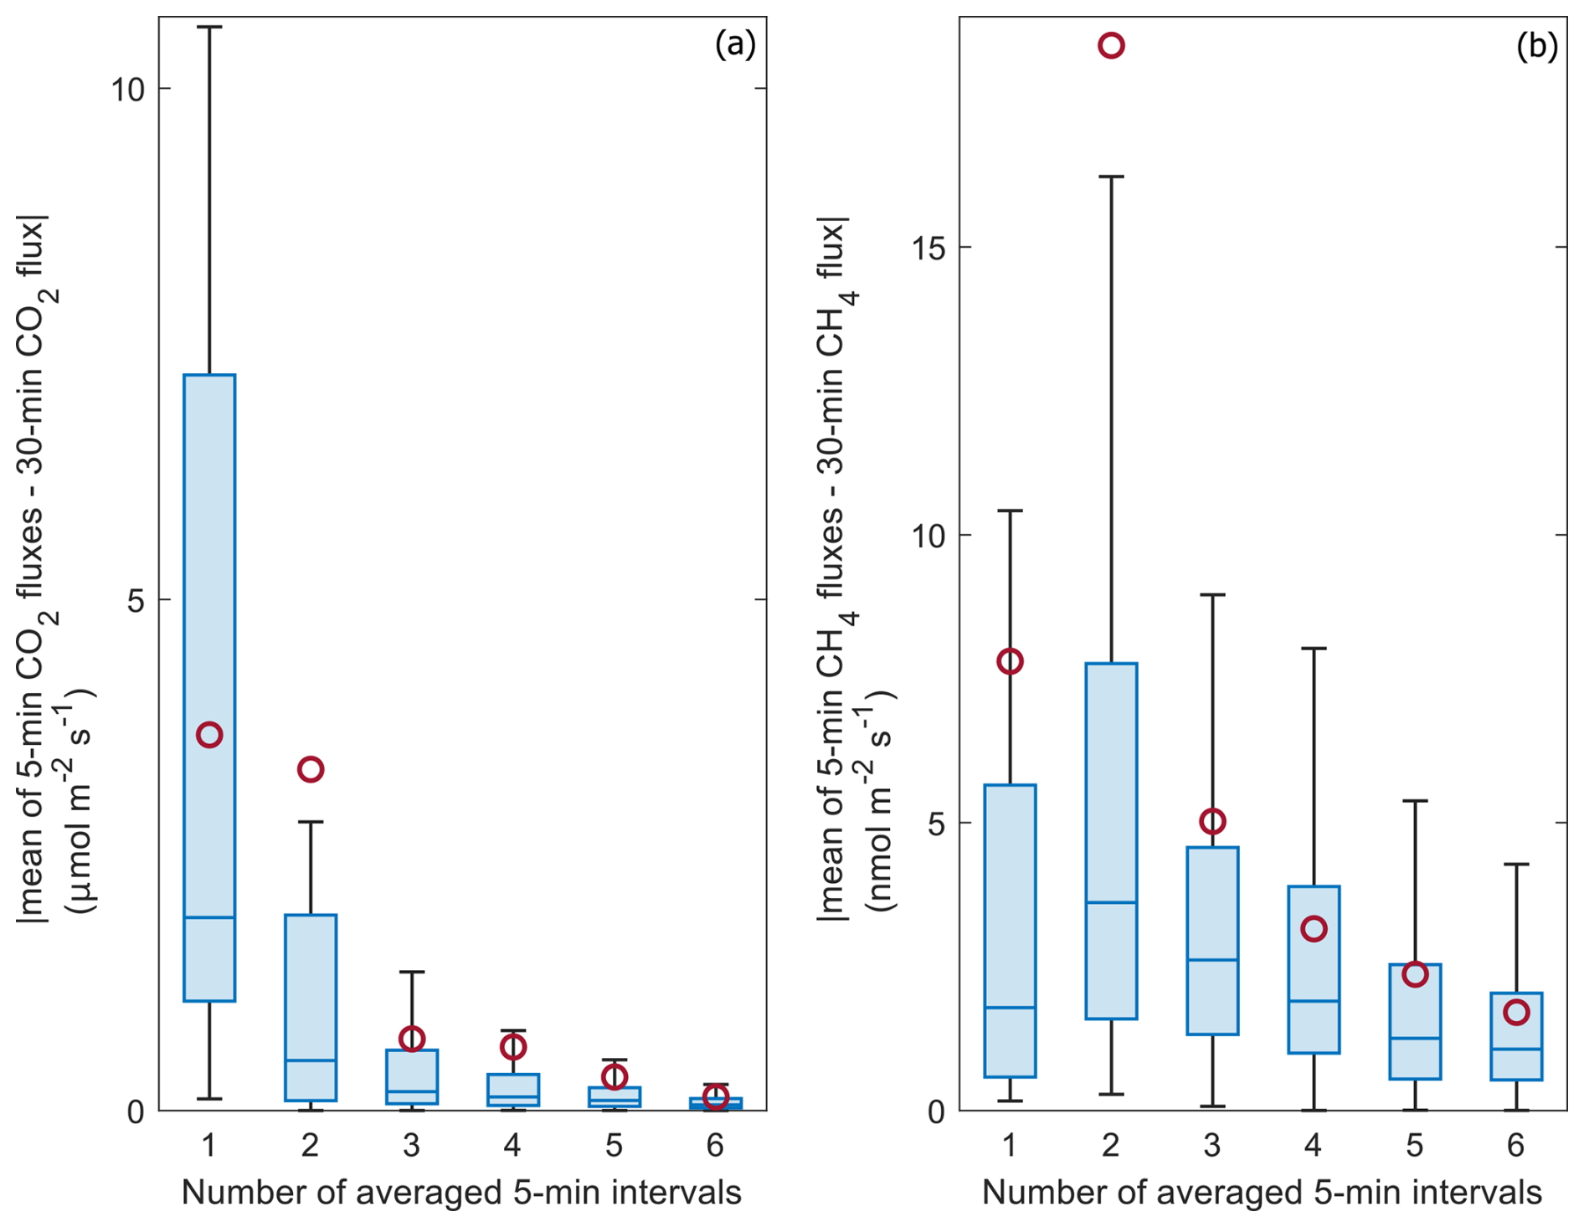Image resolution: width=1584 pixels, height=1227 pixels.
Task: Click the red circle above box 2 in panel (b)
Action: (1110, 45)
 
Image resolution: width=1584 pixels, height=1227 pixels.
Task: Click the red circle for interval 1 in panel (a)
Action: (209, 735)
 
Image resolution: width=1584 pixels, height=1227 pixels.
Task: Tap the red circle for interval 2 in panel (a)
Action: (311, 769)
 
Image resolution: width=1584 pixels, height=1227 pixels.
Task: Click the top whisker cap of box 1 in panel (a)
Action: (209, 27)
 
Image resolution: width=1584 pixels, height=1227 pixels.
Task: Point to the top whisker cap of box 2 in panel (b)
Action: (1111, 177)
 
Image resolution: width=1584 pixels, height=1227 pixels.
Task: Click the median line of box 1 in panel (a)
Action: (209, 917)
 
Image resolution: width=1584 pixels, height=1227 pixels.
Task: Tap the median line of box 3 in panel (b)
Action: (1212, 959)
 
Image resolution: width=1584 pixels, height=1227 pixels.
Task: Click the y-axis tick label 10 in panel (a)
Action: (128, 89)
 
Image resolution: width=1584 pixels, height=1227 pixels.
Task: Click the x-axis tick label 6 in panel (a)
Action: (715, 1145)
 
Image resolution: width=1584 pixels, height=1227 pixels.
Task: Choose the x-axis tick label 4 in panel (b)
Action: (1314, 1145)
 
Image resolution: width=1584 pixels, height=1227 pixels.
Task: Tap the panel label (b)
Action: (1536, 47)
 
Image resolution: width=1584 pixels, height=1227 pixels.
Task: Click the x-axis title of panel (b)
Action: (1262, 1193)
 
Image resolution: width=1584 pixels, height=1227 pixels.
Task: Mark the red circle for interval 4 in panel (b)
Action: (1314, 929)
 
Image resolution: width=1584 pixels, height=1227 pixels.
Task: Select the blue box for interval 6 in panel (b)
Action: (1516, 1036)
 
